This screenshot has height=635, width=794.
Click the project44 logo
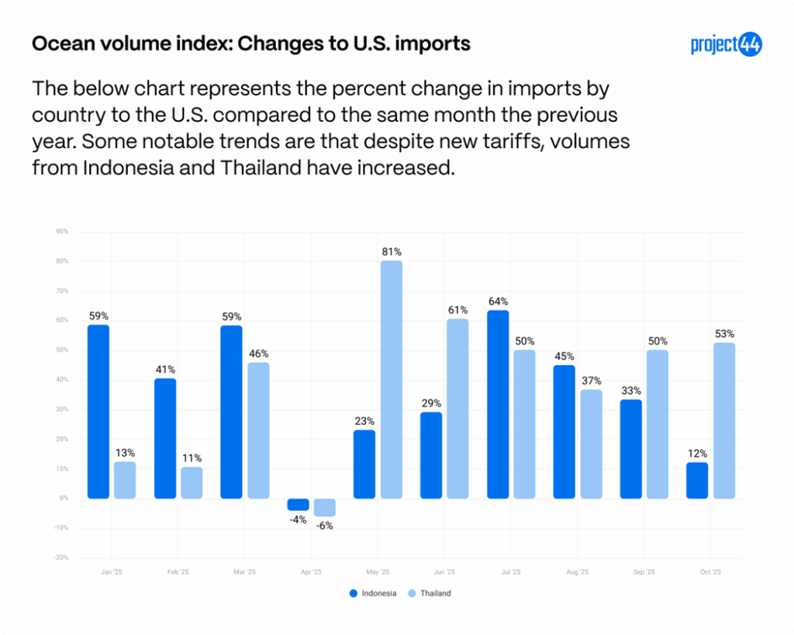coord(726,45)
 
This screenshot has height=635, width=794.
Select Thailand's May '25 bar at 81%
coord(392,380)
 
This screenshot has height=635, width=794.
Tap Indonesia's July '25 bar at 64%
coord(498,404)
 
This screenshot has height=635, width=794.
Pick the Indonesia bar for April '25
coord(299,504)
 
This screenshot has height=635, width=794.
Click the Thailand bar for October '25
coord(724,420)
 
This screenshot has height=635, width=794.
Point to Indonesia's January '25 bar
coord(98,411)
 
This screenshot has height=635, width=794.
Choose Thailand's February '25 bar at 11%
coord(192,482)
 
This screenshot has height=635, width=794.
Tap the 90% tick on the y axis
coord(62,232)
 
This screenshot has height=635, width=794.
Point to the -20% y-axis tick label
coord(61,557)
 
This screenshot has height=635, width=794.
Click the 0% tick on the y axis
coord(64,499)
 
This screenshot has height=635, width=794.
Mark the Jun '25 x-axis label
coord(444,572)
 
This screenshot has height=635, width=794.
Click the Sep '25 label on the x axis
coord(644,572)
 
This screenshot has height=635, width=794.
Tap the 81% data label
coord(392,252)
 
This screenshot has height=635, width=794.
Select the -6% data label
coord(325,525)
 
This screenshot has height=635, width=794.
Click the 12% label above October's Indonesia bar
coord(697,454)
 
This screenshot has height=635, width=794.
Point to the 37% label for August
coord(592,381)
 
